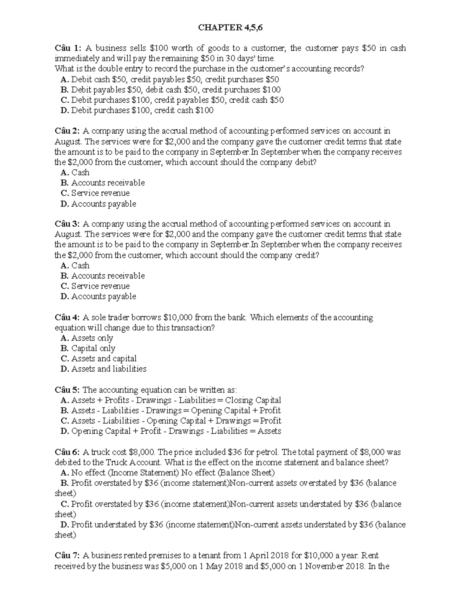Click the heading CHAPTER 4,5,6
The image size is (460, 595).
coord(230,28)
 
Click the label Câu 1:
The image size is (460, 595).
coord(67,48)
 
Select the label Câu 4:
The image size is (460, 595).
coord(67,318)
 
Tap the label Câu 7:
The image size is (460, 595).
coord(67,556)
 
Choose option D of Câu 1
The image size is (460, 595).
coord(137,111)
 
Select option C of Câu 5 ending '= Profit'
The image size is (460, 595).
coord(171,421)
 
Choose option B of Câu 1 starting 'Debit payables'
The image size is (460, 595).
coord(171,90)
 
